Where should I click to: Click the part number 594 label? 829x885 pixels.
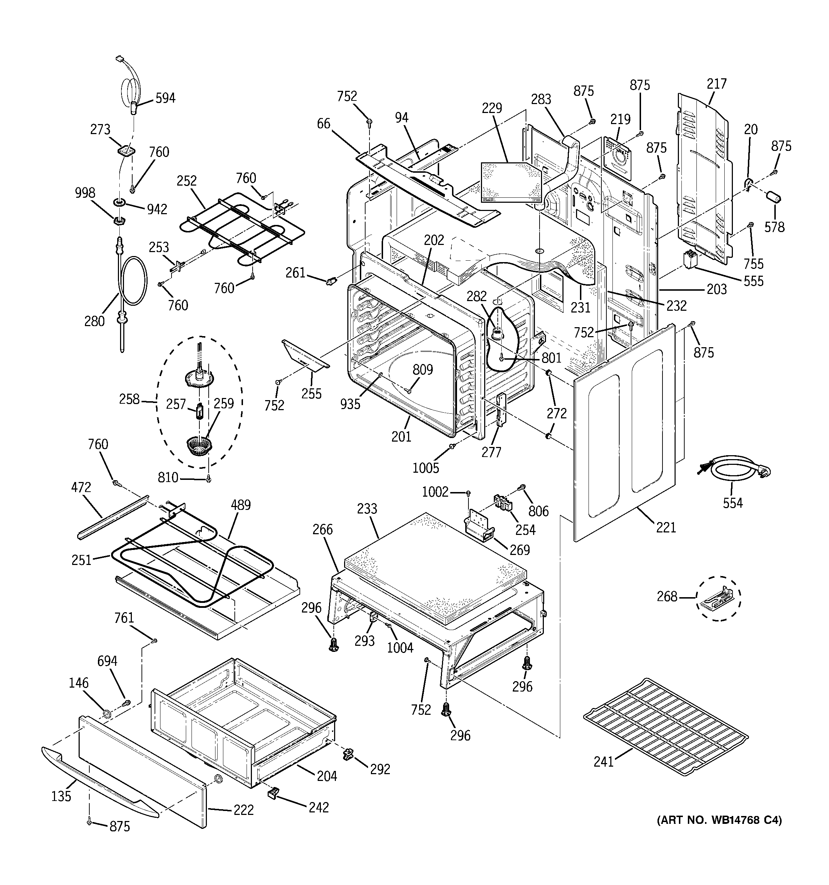[x=165, y=98]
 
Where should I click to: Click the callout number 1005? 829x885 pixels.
[x=426, y=467]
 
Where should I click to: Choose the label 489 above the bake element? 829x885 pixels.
[x=241, y=505]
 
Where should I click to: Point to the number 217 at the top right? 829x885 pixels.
[x=716, y=84]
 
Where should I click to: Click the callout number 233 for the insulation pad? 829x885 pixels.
[x=367, y=508]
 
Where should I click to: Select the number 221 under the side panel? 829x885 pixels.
[x=666, y=527]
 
